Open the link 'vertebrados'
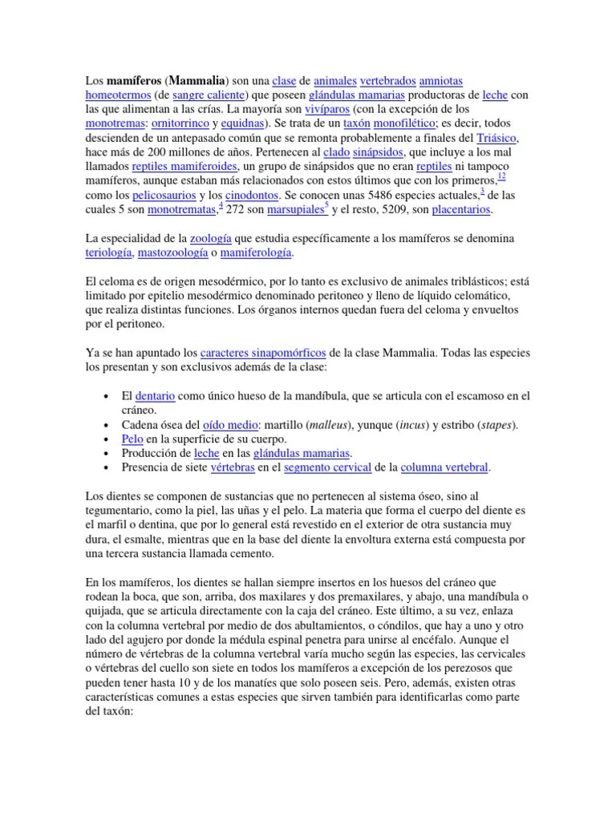[x=388, y=81]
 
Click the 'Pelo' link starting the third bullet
[x=132, y=439]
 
